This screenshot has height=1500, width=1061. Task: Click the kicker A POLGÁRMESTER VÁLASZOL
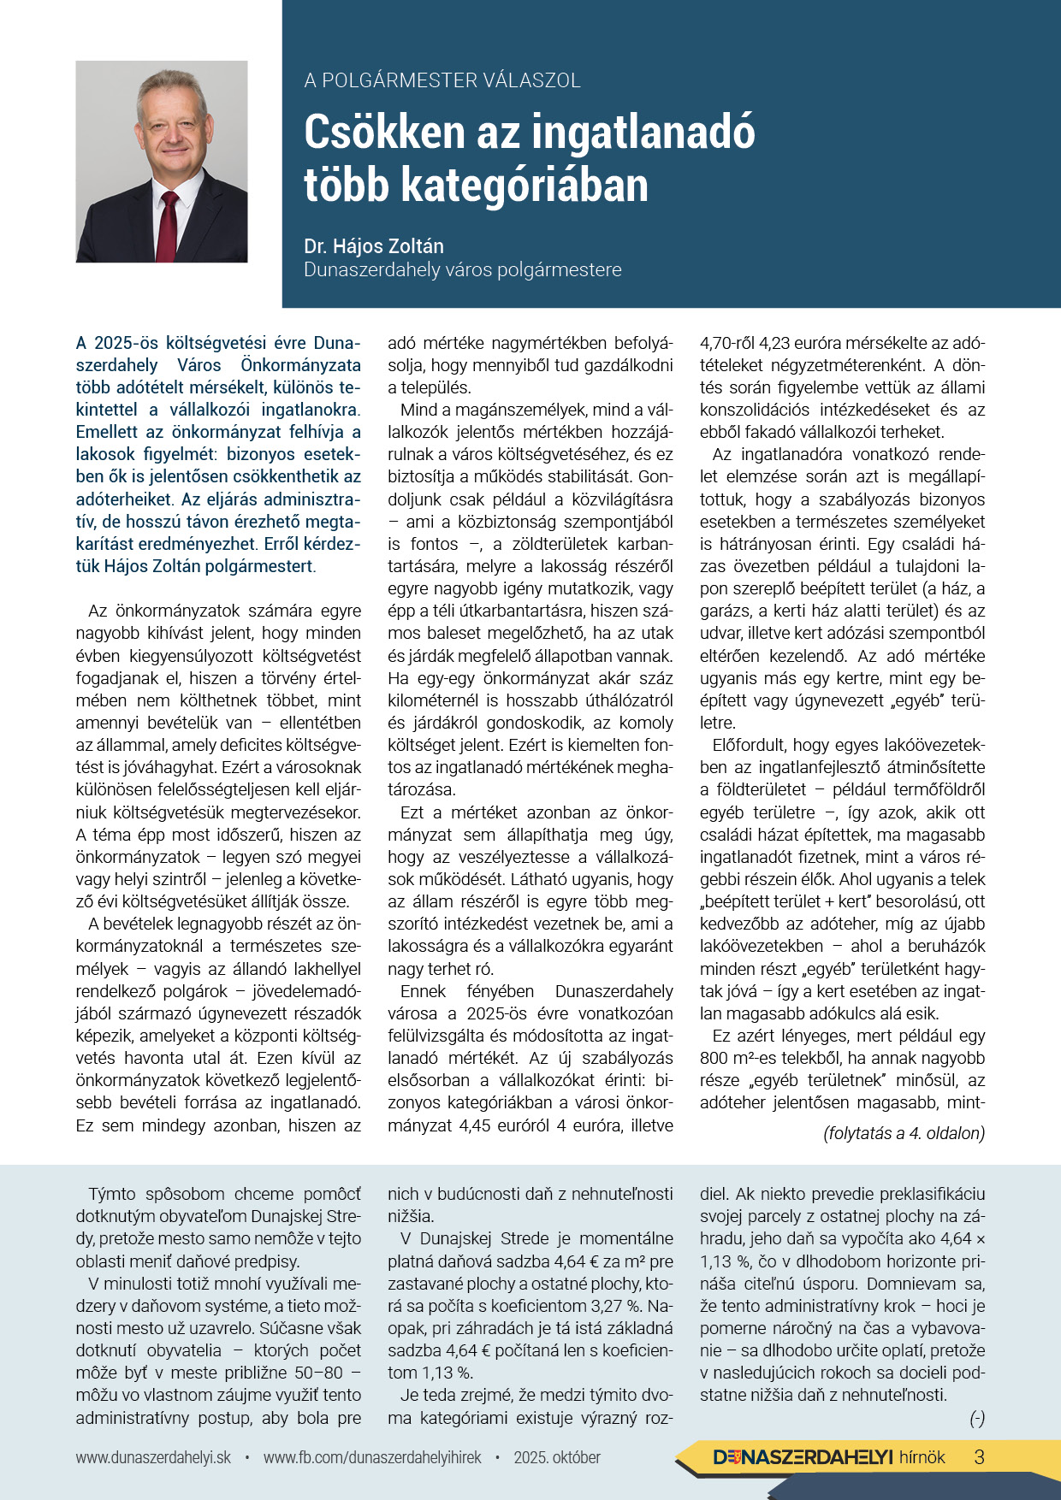tap(442, 80)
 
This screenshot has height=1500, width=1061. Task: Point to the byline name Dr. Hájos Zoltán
tap(374, 246)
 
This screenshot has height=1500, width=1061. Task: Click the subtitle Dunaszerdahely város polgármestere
tap(462, 270)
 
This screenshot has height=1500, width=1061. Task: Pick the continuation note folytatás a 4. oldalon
tap(904, 1133)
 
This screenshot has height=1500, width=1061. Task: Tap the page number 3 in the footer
tap(980, 1457)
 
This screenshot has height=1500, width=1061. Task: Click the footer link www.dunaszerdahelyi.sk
tap(153, 1457)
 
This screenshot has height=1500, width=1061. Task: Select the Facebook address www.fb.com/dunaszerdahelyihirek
tap(372, 1457)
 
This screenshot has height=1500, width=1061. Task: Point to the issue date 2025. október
tap(557, 1457)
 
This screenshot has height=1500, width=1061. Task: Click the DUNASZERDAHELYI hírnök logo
tap(828, 1457)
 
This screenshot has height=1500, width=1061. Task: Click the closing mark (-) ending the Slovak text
tap(976, 1419)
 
